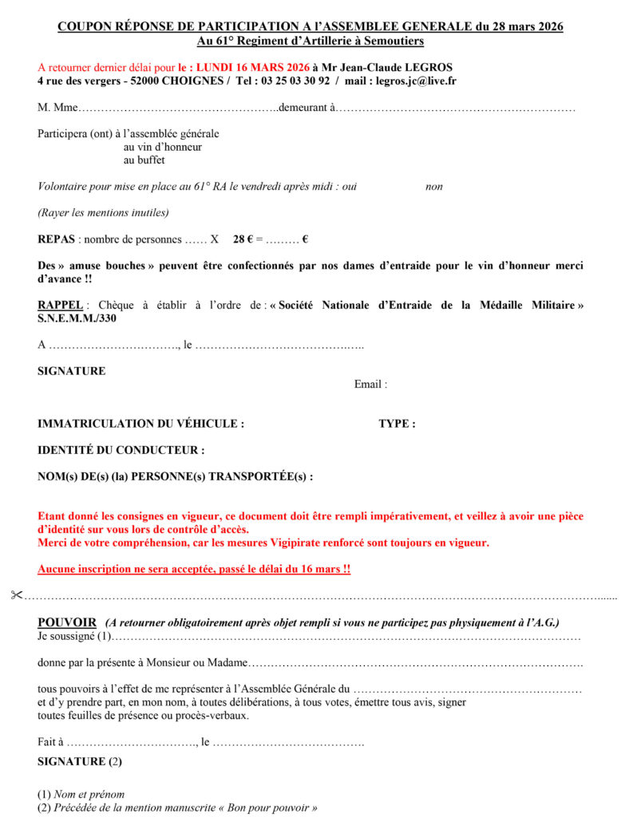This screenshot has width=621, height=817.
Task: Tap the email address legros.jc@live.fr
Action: (416, 81)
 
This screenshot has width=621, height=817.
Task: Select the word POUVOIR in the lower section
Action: (67, 622)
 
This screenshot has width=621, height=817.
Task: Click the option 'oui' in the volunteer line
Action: (348, 187)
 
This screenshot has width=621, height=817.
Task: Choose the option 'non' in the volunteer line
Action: (433, 187)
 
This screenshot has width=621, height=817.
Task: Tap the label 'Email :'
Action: (370, 385)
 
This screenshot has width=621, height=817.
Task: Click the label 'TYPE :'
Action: (397, 424)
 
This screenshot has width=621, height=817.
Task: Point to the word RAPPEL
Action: (59, 306)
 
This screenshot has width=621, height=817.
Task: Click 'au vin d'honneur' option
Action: (163, 147)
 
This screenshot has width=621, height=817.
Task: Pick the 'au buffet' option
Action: (144, 160)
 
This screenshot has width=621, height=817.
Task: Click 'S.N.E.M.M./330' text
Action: (80, 319)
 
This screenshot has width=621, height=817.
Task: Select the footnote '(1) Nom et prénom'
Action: (81, 795)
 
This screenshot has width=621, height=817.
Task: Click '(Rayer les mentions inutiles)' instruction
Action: (103, 212)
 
